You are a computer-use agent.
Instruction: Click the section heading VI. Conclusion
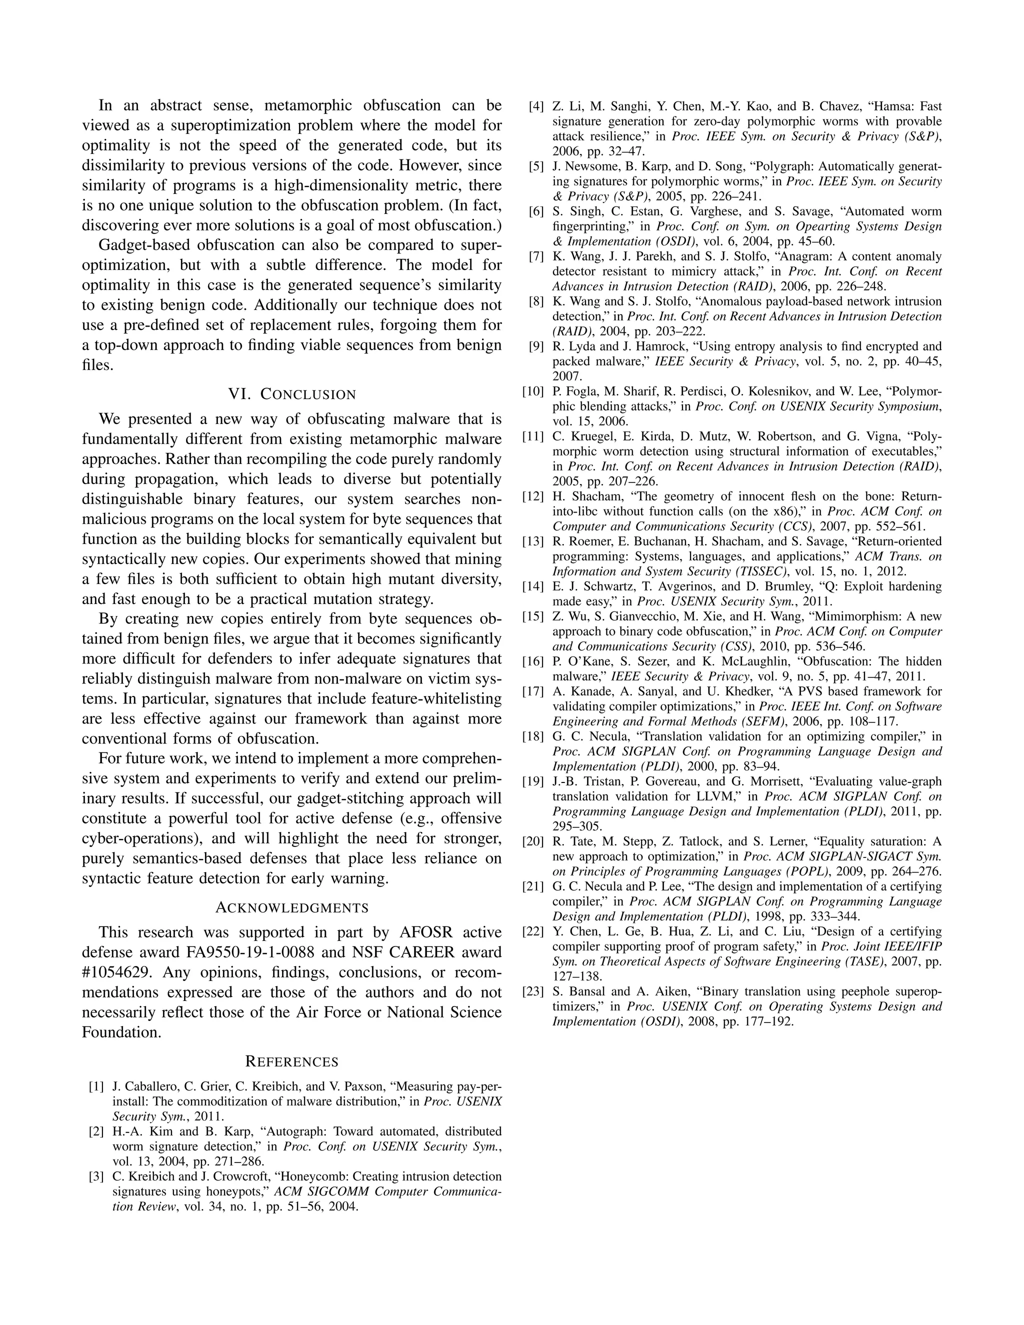tap(292, 394)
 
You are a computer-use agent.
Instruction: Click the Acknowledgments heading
tap(292, 907)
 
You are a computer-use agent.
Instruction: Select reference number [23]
tap(532, 991)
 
